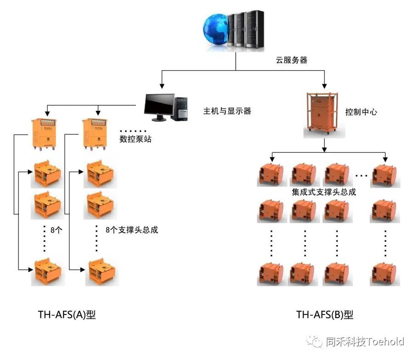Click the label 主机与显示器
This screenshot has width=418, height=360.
tap(227, 111)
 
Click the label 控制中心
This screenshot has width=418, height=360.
tap(361, 112)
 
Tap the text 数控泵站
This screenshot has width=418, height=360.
tap(136, 138)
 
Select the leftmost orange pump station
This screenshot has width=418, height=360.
tap(45, 134)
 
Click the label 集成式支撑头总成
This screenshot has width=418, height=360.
tap(324, 192)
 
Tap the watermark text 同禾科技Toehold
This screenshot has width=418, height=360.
tap(365, 342)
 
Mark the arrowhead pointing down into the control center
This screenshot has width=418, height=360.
tap(325, 85)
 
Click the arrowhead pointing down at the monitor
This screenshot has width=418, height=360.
tap(161, 86)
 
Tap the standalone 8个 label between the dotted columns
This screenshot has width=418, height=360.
tap(56, 230)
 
